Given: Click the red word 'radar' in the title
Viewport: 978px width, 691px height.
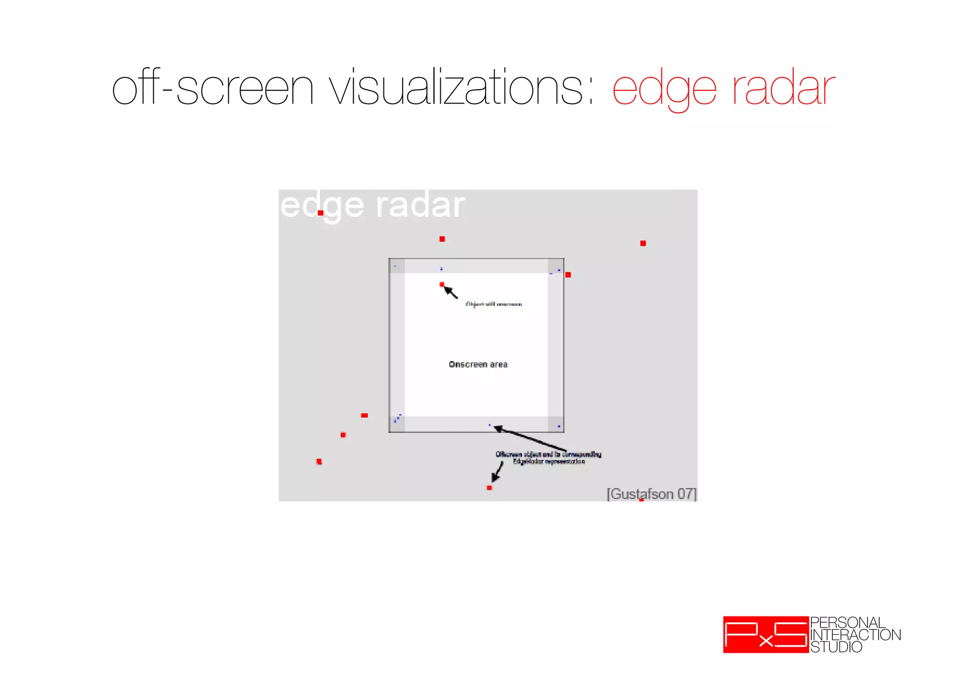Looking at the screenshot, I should pyautogui.click(x=783, y=88).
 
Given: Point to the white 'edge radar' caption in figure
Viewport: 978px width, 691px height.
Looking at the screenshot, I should pyautogui.click(x=372, y=206).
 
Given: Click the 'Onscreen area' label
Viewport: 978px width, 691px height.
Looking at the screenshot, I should pyautogui.click(x=478, y=364).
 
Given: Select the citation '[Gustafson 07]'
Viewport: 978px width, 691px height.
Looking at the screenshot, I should pyautogui.click(x=651, y=493).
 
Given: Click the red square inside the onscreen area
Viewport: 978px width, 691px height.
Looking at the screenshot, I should pyautogui.click(x=442, y=284).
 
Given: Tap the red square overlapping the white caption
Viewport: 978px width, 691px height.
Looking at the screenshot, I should pyautogui.click(x=320, y=213).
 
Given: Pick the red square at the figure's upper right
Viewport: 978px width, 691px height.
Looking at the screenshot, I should pyautogui.click(x=643, y=243).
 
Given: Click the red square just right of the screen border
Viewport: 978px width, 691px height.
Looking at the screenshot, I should pyautogui.click(x=568, y=275).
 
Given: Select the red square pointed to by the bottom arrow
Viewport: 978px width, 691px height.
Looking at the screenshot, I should pyautogui.click(x=489, y=488).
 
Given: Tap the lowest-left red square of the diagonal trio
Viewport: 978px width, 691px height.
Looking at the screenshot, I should pyautogui.click(x=319, y=461).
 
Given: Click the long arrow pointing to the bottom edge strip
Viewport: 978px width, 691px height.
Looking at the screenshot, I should pyautogui.click(x=530, y=438).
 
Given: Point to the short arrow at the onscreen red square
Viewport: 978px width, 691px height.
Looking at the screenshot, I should pyautogui.click(x=451, y=292).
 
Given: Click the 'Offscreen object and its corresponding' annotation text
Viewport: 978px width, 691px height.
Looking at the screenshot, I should pyautogui.click(x=548, y=454).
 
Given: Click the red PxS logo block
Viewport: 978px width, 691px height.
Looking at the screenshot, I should pyautogui.click(x=765, y=635).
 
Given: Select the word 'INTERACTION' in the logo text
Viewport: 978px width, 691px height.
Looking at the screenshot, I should pyautogui.click(x=855, y=635).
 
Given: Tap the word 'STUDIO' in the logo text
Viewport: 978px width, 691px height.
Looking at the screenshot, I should pyautogui.click(x=836, y=647).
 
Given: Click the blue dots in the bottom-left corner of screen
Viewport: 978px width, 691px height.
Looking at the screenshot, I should pyautogui.click(x=397, y=419).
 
